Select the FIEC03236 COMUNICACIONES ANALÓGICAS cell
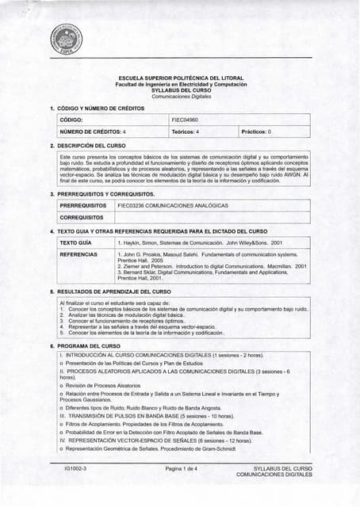(172, 204)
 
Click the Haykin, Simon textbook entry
(198, 242)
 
